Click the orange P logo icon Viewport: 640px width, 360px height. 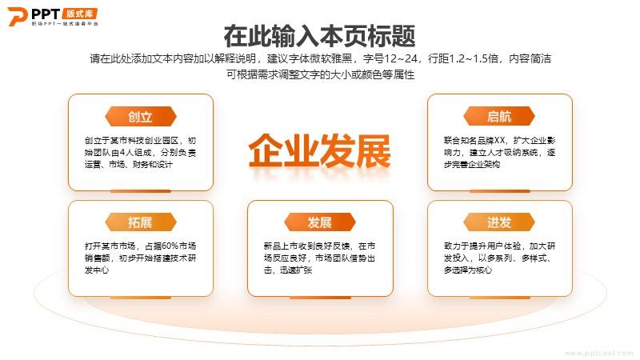(18, 16)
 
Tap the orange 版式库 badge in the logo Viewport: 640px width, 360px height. (80, 14)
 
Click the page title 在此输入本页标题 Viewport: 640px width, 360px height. (319, 36)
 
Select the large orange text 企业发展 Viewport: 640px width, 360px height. (319, 150)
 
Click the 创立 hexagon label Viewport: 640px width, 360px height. (141, 117)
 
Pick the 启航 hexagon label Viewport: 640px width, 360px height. (499, 116)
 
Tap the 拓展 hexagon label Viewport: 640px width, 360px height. (141, 222)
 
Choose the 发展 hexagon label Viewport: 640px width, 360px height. (319, 222)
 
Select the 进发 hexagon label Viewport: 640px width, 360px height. (499, 222)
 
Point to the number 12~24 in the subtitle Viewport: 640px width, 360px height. (402, 58)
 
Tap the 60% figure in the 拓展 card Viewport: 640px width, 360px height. (170, 246)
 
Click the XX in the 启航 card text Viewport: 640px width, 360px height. (500, 141)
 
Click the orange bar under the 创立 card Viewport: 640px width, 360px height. (141, 191)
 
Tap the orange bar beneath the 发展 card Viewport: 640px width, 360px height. (320, 297)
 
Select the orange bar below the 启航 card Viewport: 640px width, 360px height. (499, 191)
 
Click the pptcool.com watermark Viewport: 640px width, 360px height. (598, 353)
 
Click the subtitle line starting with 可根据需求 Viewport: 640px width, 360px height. (321, 74)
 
